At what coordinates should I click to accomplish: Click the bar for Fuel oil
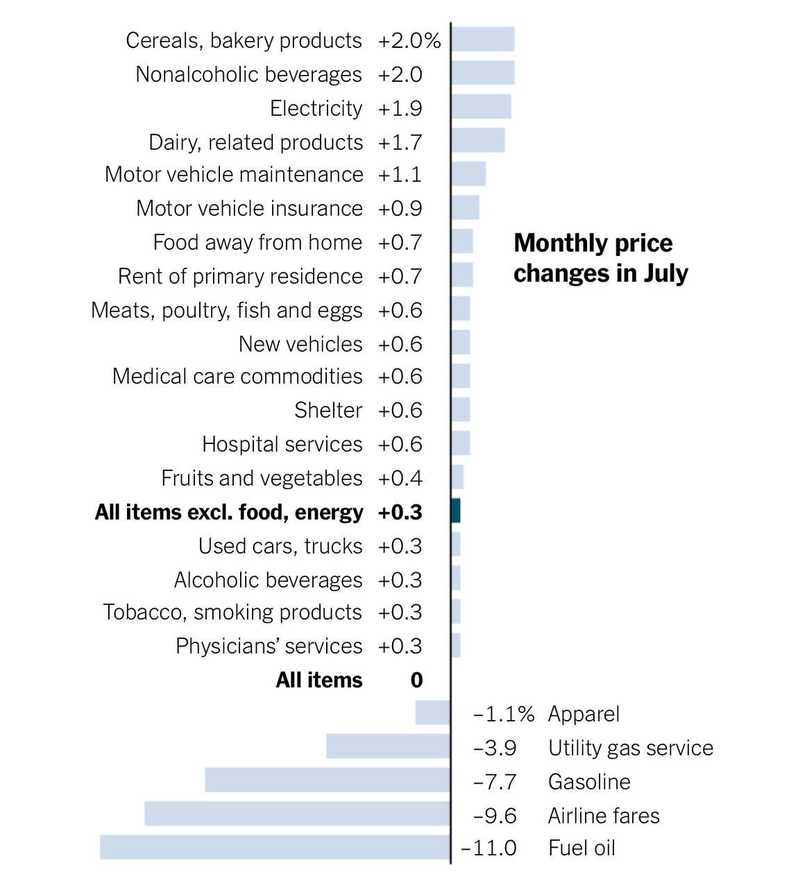275,847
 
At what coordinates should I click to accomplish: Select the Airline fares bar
297,813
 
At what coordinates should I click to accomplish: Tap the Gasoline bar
328,780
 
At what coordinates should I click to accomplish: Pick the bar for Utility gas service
388,746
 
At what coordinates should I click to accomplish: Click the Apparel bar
432,712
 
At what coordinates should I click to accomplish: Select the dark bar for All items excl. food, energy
456,511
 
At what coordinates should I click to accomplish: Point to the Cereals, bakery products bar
483,40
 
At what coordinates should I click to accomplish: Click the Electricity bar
481,107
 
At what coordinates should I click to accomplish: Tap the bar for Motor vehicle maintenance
468,173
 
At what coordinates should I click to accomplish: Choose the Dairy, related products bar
478,140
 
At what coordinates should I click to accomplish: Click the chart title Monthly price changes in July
600,258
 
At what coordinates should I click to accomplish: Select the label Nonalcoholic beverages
248,74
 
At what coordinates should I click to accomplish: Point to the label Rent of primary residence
240,276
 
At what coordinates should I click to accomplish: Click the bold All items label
319,680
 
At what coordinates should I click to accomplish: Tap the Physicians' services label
269,646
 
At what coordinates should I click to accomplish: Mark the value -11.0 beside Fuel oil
489,848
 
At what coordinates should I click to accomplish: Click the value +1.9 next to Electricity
400,108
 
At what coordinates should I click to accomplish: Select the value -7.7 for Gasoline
495,782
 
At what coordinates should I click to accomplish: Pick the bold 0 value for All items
416,680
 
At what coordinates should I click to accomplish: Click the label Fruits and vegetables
262,478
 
